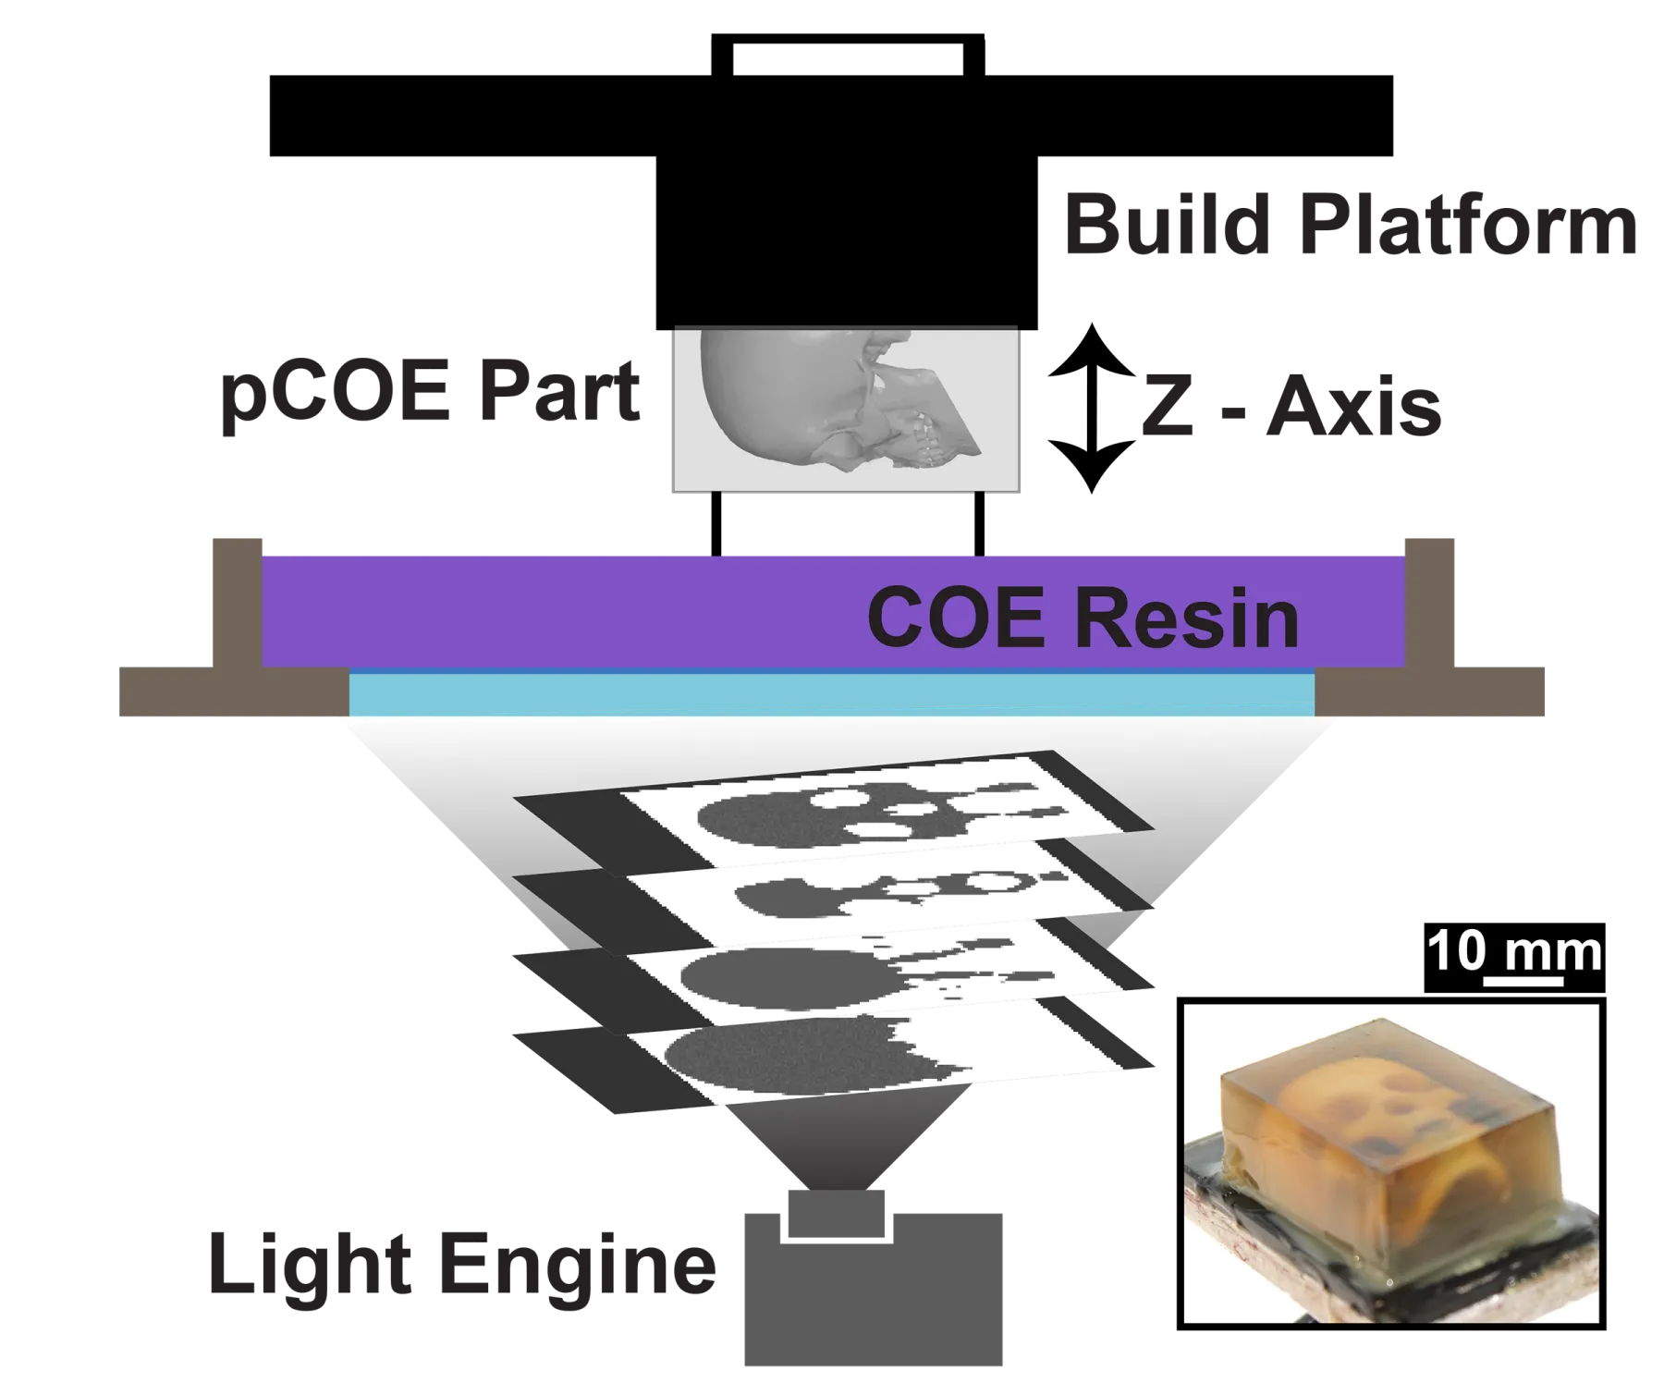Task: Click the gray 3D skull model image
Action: coord(845,408)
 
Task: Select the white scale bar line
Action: coord(1523,984)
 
